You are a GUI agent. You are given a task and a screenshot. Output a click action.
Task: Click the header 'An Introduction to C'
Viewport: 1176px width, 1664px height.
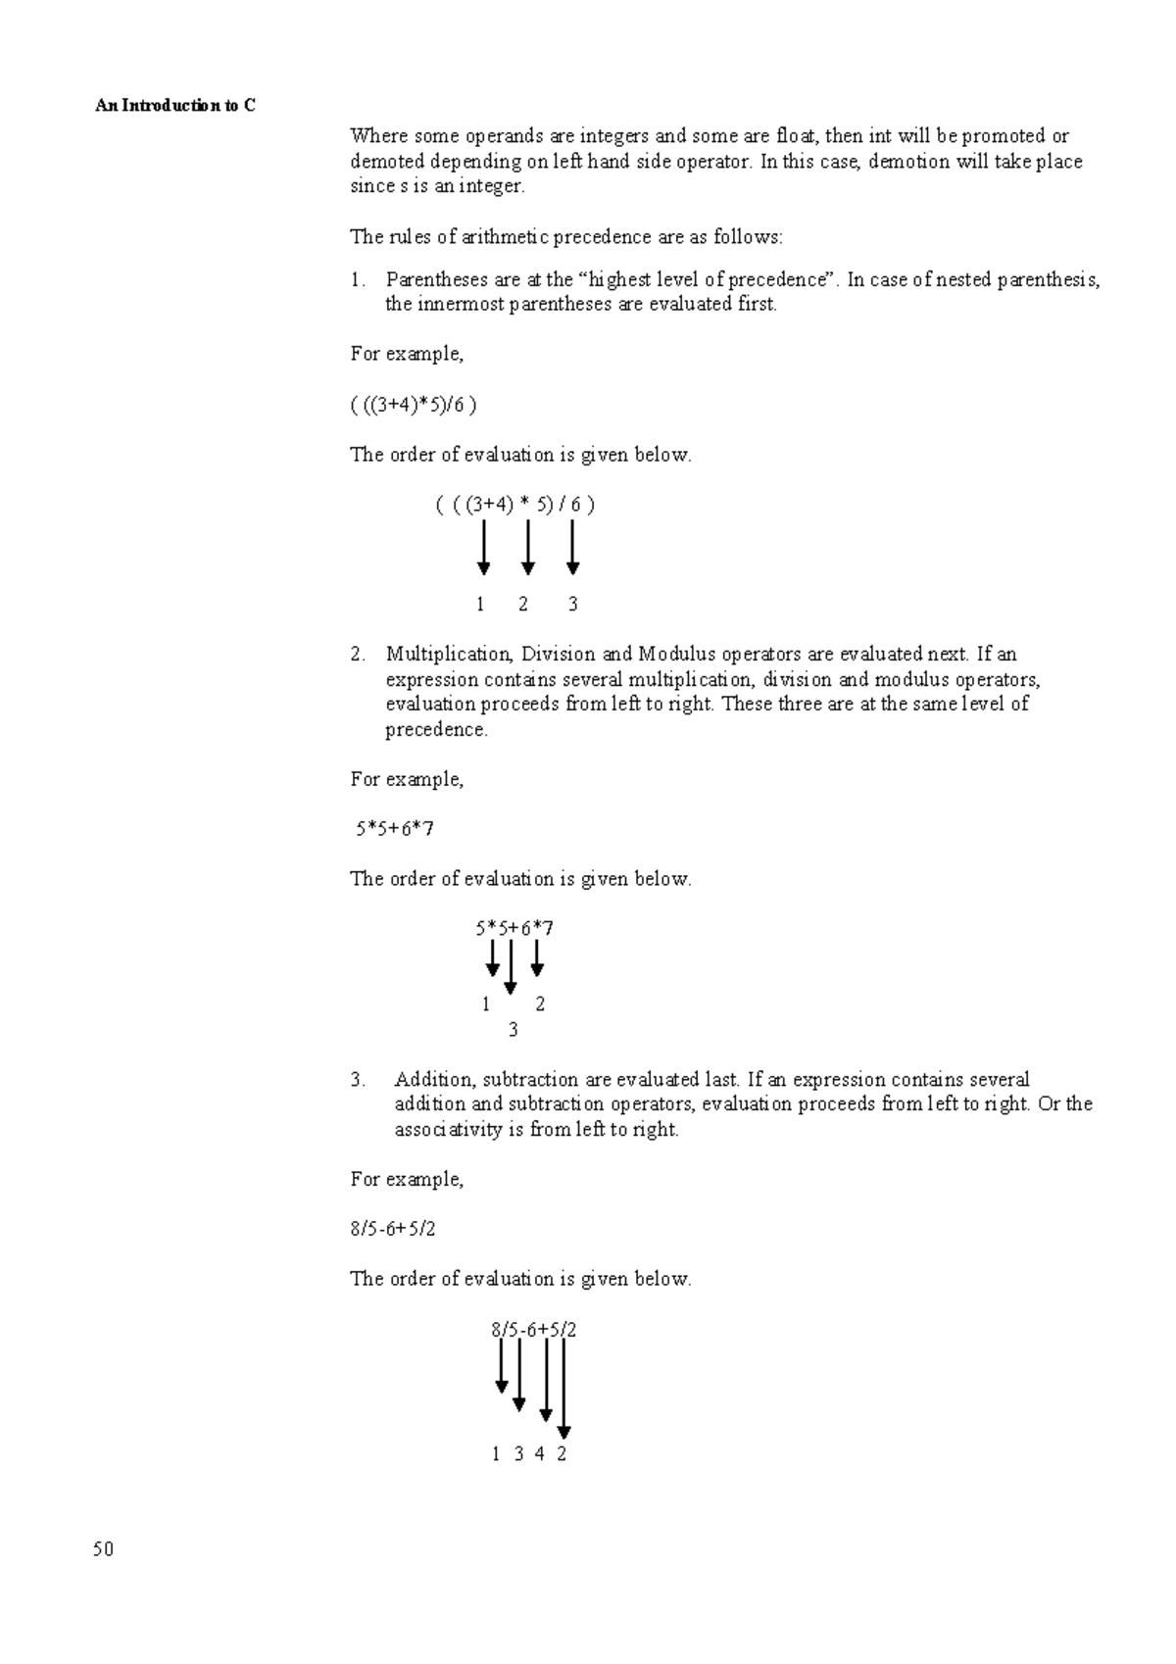click(174, 105)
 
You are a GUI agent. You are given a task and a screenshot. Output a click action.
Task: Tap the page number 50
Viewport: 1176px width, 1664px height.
click(104, 1549)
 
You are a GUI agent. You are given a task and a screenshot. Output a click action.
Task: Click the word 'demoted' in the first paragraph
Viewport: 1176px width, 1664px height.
click(387, 162)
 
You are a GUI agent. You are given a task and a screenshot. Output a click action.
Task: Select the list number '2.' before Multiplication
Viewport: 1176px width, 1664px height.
click(358, 654)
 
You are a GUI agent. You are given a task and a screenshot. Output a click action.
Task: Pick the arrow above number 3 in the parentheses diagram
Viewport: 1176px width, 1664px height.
click(573, 547)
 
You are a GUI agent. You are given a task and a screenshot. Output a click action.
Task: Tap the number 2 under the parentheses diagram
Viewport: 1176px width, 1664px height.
click(523, 605)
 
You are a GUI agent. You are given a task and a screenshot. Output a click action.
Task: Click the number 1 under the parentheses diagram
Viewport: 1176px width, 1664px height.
click(480, 605)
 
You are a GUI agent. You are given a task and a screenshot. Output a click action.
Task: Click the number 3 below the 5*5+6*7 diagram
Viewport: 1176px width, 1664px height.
click(513, 1030)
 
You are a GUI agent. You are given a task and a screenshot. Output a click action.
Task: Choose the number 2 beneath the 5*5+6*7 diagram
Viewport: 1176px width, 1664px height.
click(540, 1004)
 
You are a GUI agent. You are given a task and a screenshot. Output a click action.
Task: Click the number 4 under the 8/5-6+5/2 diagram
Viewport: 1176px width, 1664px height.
click(540, 1454)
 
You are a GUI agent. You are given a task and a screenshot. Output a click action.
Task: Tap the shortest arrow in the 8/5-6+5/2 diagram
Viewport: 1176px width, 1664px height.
click(502, 1366)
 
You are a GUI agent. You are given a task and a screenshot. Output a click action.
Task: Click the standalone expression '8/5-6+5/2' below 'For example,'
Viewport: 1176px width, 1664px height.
click(392, 1229)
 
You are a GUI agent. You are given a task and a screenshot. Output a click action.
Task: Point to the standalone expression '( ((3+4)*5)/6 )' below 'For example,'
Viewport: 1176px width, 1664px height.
click(414, 405)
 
